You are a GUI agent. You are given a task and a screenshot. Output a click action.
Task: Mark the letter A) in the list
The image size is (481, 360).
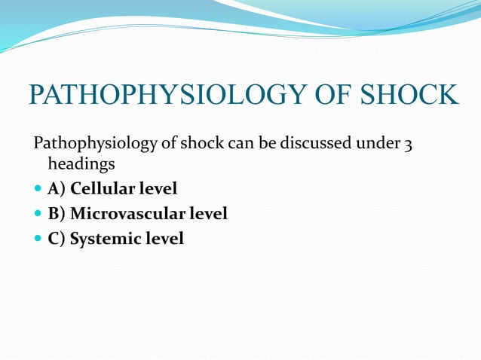pyautogui.click(x=56, y=188)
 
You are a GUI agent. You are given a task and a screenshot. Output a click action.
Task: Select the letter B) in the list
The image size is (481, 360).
pyautogui.click(x=56, y=214)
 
